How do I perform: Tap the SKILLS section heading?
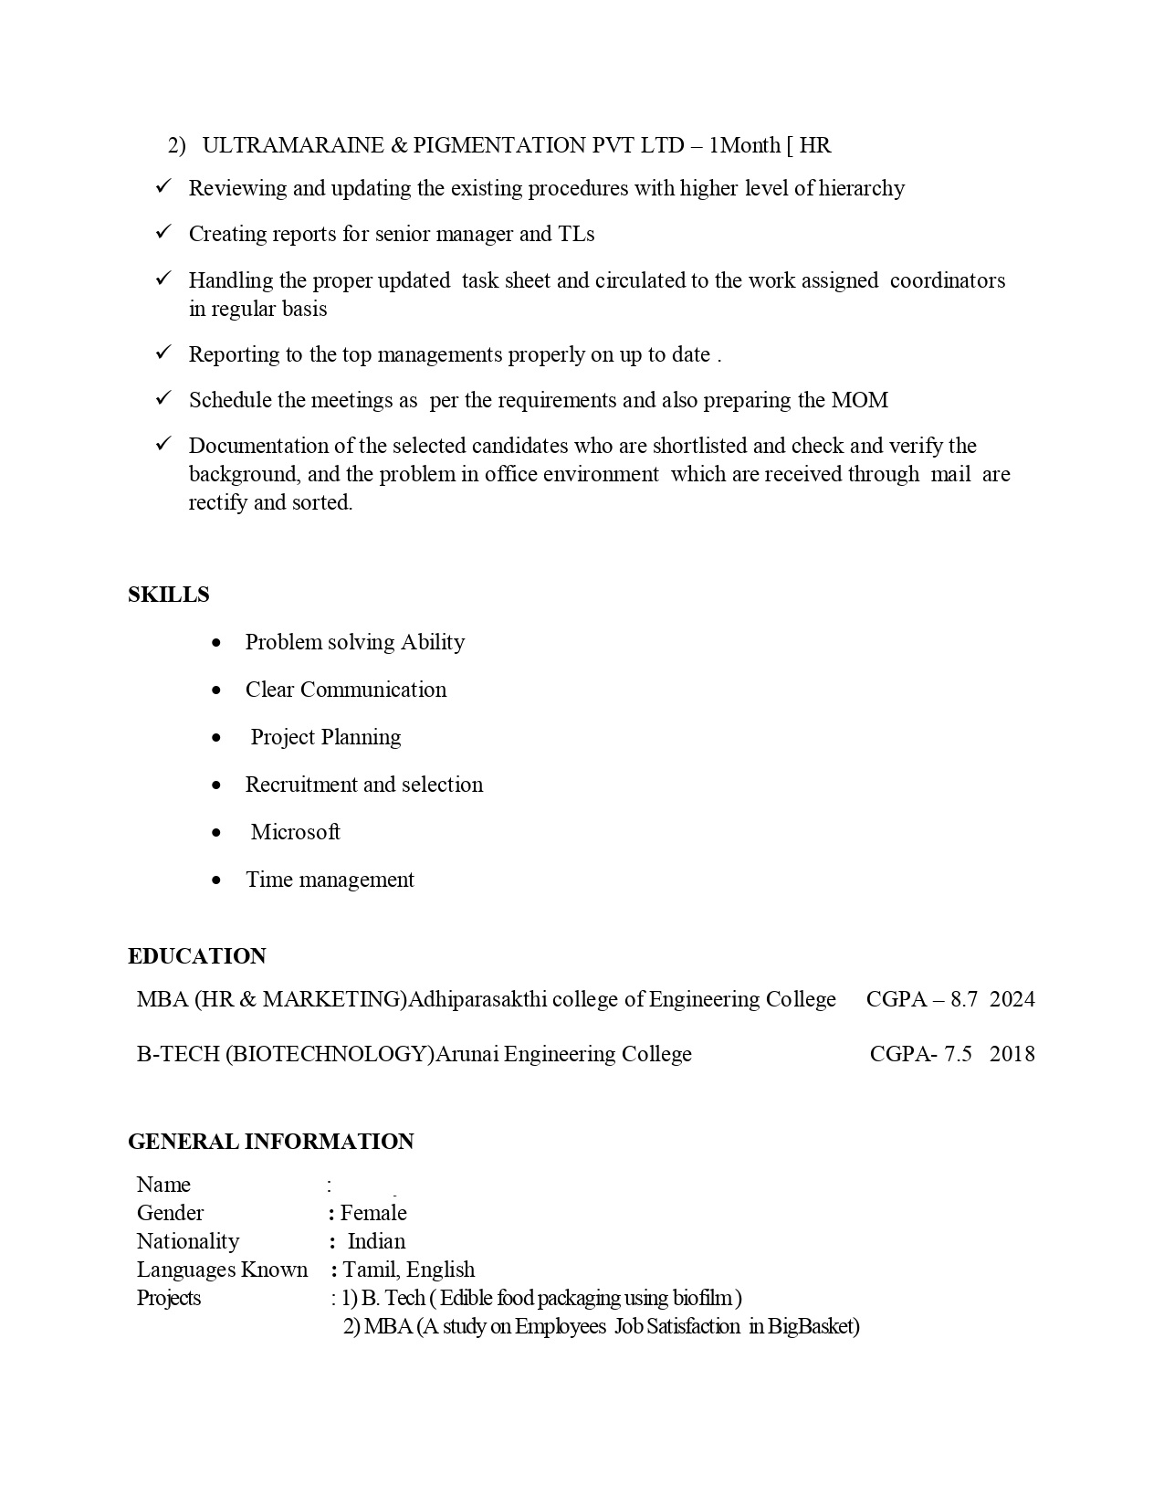169,595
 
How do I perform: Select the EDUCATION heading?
197,956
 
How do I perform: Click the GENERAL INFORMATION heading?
271,1142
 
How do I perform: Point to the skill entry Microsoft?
295,832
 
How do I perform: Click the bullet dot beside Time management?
216,880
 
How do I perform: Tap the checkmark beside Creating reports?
164,232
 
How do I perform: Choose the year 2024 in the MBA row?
1012,999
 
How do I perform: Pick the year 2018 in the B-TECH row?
1012,1054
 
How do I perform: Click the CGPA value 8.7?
964,999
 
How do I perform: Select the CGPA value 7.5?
958,1054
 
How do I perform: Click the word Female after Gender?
373,1213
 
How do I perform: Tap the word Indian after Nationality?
377,1241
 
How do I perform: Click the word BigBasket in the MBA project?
813,1326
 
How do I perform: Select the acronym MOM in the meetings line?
859,400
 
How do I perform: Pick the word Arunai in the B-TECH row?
467,1054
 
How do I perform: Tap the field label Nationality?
188,1241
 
